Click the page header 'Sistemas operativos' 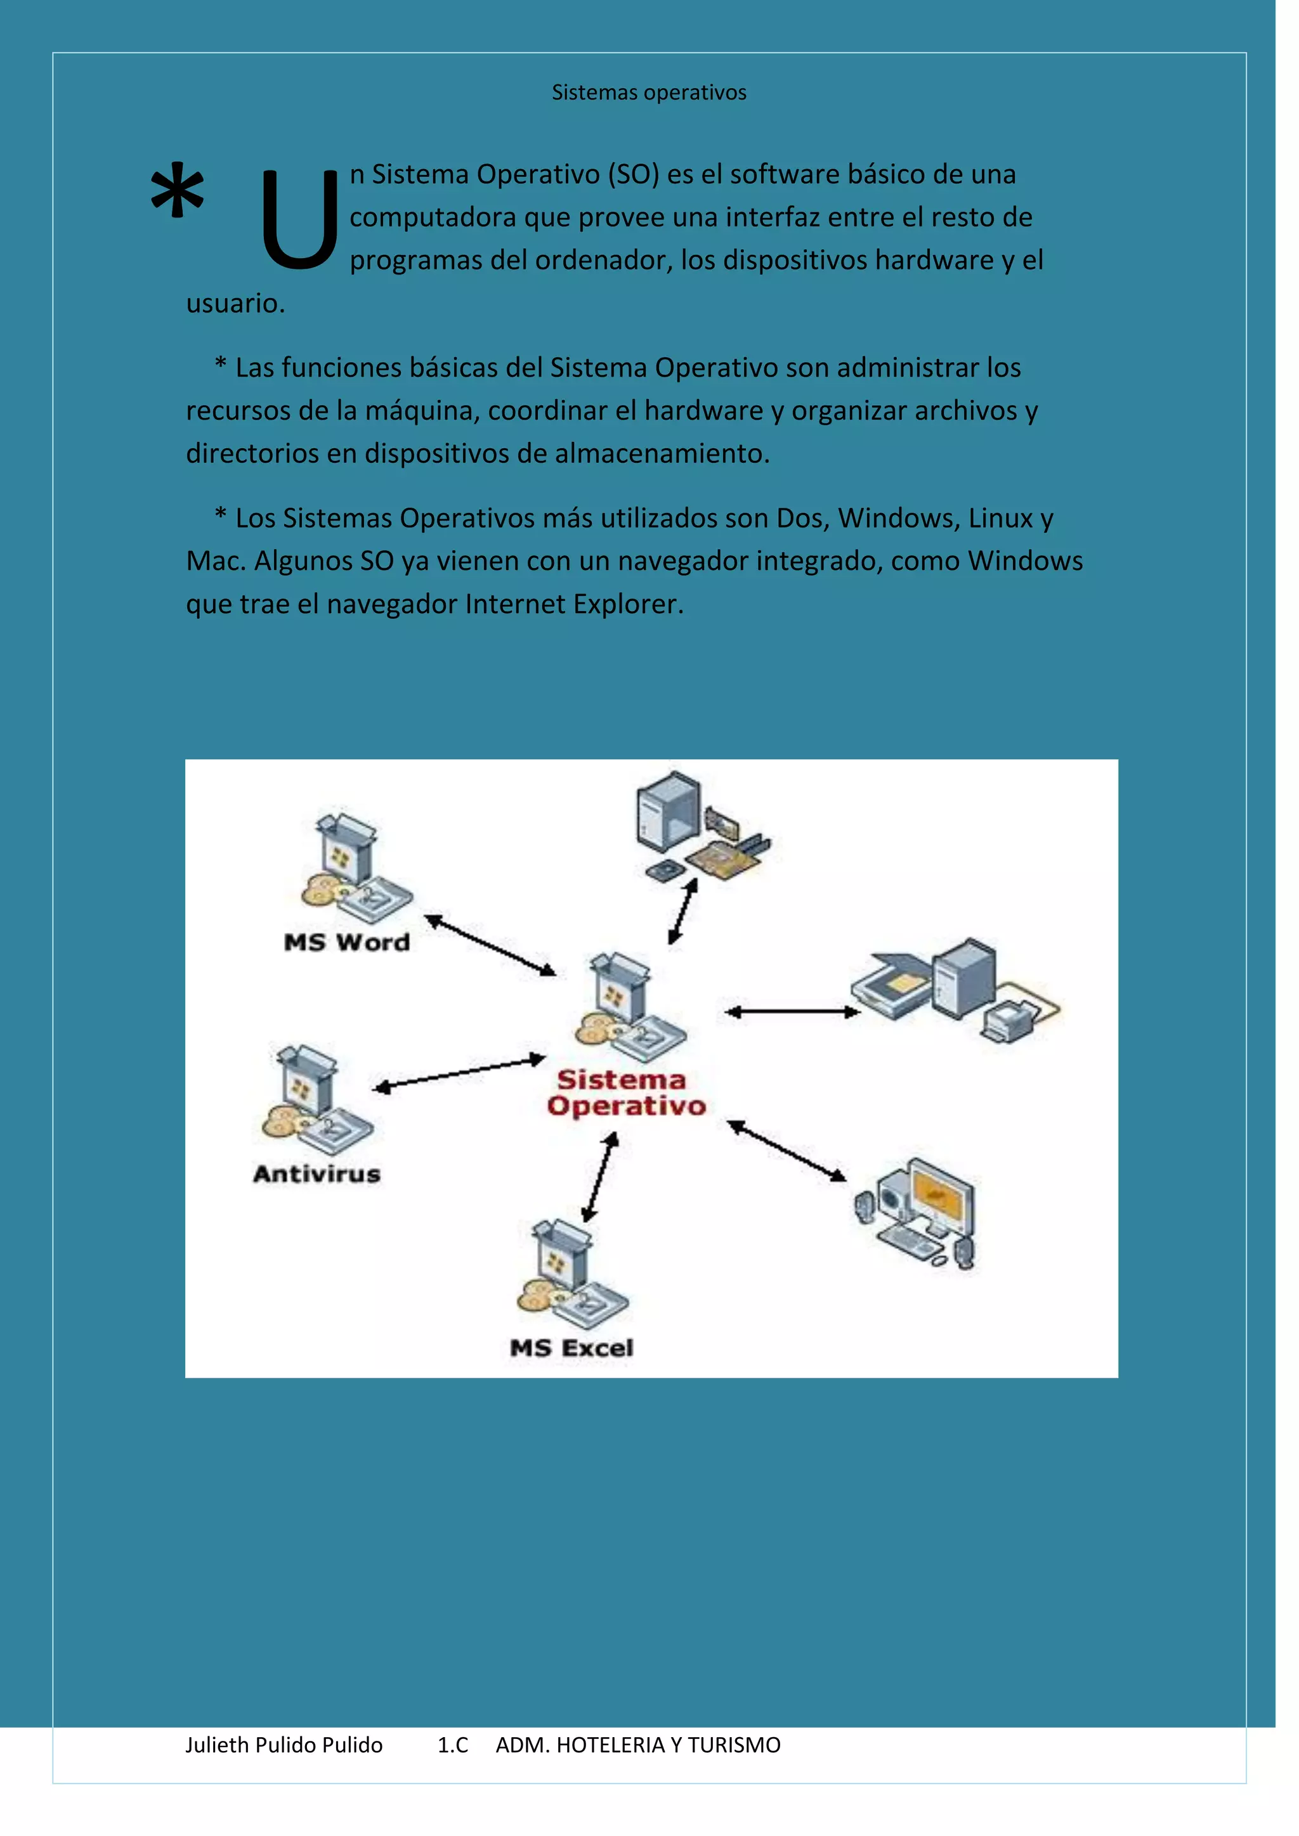(x=649, y=93)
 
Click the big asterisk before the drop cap (x=177, y=192)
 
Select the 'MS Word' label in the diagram (x=346, y=942)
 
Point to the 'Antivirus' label (x=317, y=1174)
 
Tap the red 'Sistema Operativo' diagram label (x=625, y=1092)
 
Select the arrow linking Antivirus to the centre (x=459, y=1074)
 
